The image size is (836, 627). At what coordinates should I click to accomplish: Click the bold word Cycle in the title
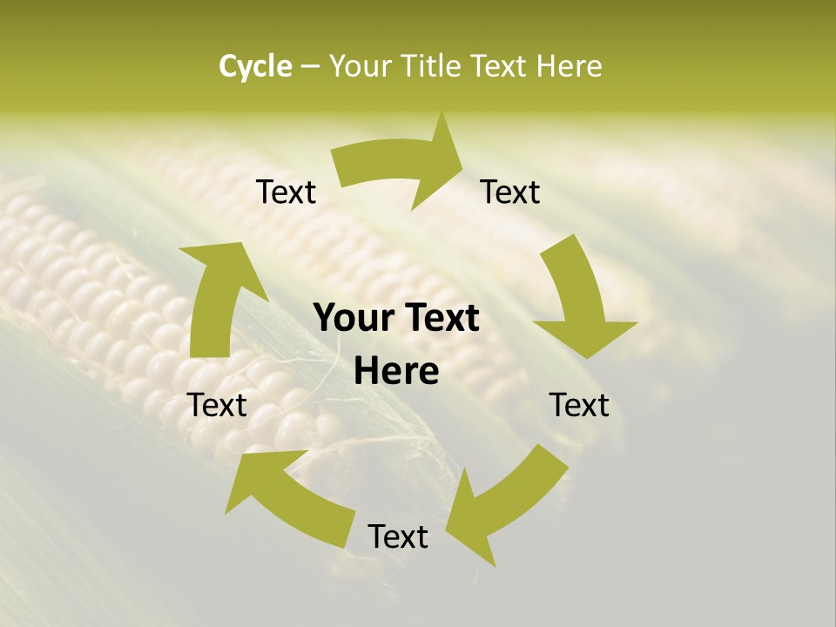(x=255, y=66)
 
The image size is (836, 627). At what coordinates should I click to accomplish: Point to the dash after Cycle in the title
(x=309, y=66)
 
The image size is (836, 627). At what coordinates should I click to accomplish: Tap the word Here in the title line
(x=568, y=66)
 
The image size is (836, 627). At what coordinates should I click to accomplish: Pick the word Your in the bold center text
(x=353, y=319)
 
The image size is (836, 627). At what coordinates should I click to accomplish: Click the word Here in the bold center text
(x=396, y=372)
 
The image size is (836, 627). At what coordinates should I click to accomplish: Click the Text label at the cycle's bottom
(x=398, y=536)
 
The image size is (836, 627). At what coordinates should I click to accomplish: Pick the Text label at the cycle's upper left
(x=286, y=192)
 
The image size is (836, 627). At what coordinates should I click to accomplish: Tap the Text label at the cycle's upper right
(x=510, y=192)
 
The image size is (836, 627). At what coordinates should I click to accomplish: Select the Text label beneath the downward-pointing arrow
(x=579, y=405)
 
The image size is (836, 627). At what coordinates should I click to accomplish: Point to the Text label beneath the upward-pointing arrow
(x=218, y=405)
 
